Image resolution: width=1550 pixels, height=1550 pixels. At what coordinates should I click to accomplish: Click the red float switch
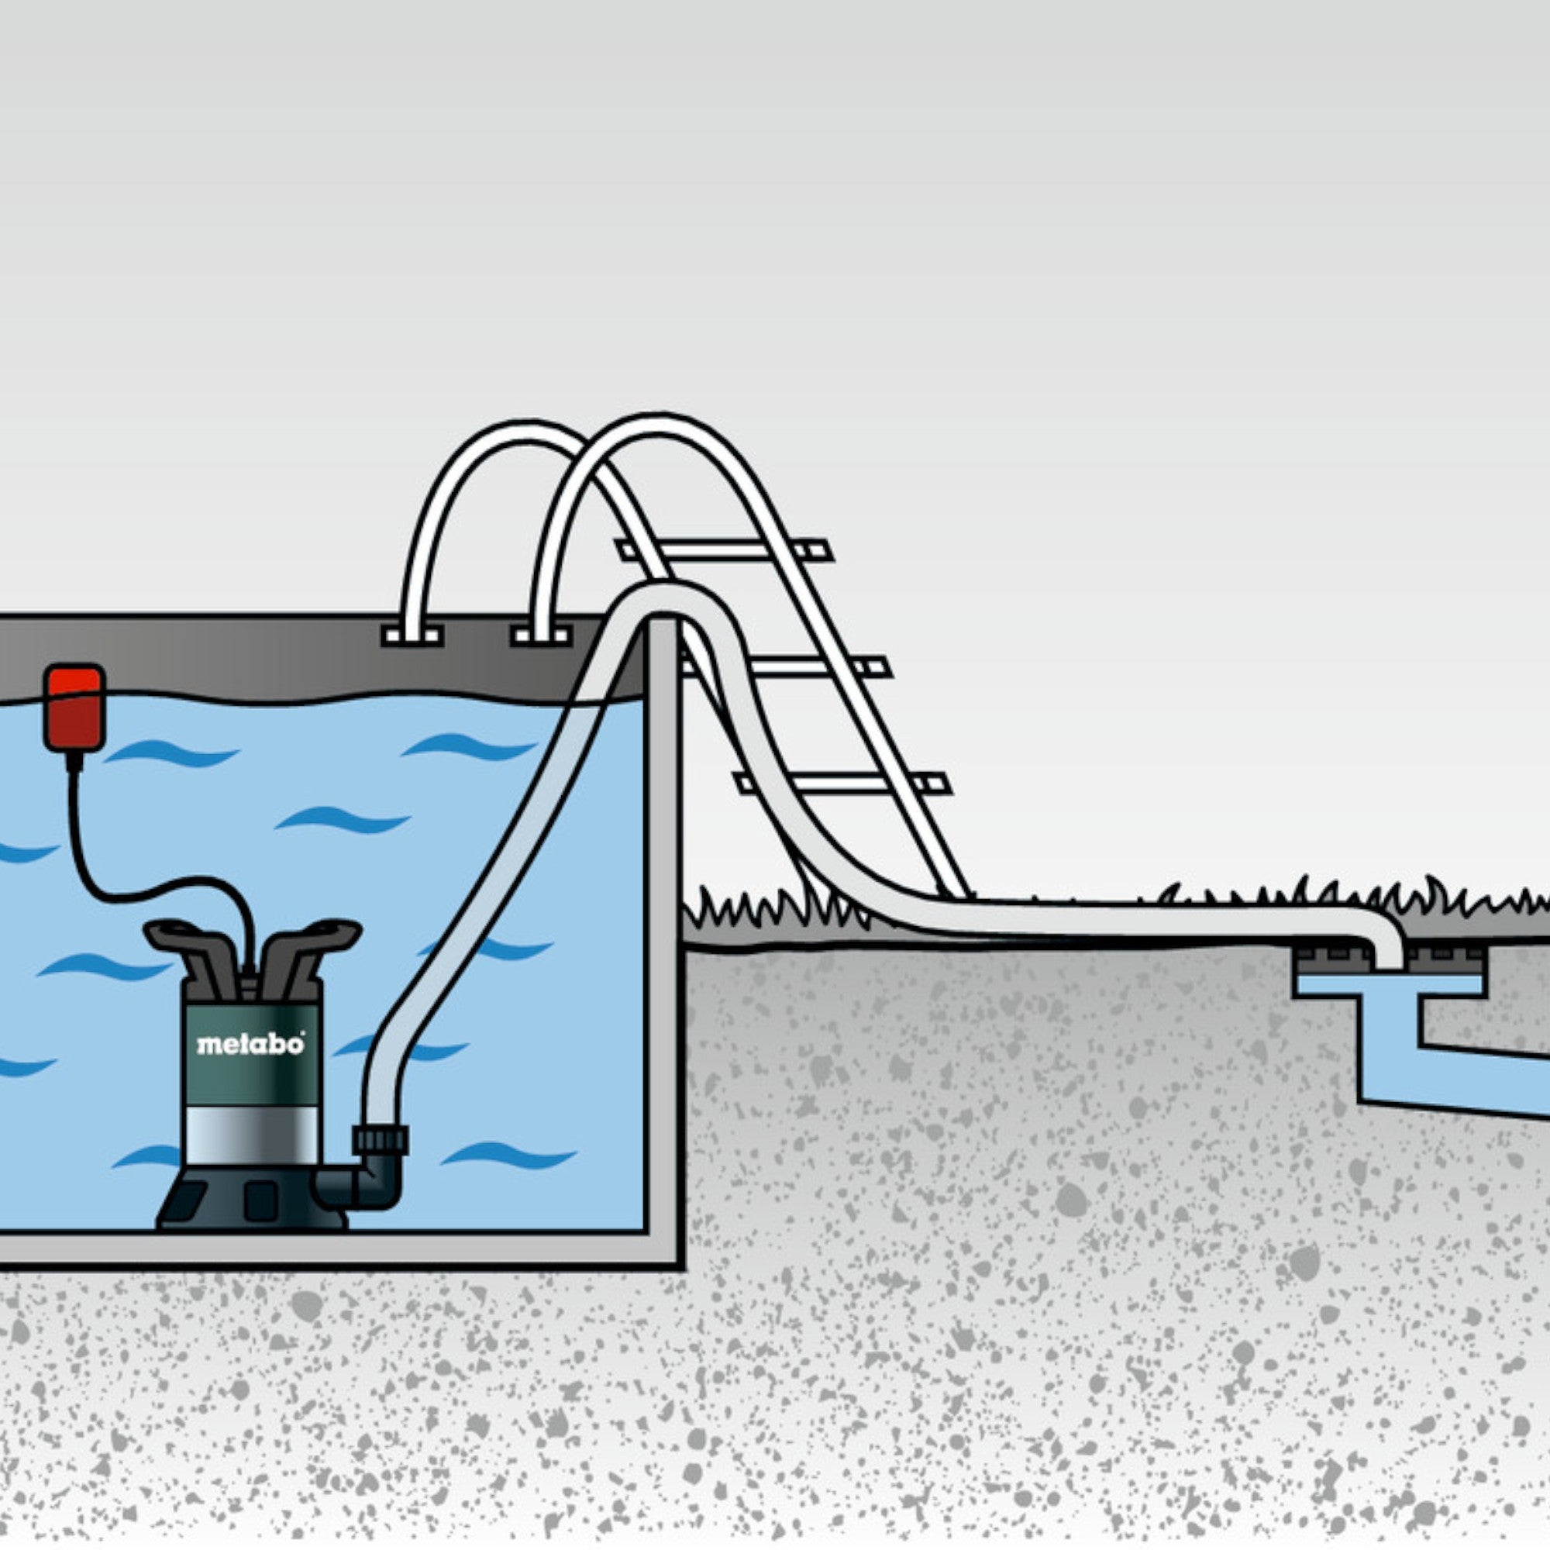point(74,708)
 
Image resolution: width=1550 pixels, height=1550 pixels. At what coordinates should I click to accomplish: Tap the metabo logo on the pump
point(250,1044)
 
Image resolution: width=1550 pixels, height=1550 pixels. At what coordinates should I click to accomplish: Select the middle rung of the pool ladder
point(784,666)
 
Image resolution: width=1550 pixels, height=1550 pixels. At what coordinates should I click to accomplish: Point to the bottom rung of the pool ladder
point(842,783)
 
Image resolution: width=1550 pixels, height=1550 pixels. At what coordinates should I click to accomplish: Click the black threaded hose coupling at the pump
point(381,1140)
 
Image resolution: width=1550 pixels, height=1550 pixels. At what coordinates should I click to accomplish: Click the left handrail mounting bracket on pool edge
point(412,636)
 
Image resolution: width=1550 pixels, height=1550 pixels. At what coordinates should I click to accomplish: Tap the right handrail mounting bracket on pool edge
point(541,636)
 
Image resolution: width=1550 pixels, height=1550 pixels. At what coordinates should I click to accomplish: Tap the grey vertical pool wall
point(663,939)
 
